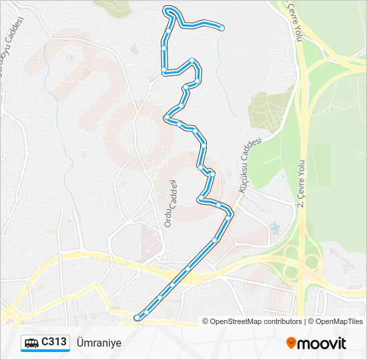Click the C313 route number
[54, 342]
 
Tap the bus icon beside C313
[31, 343]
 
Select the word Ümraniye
[99, 343]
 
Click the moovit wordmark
[322, 343]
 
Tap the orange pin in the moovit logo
[291, 343]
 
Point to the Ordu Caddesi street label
[169, 204]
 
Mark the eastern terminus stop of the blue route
[222, 28]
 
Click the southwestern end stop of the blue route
[137, 317]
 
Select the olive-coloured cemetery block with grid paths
[268, 109]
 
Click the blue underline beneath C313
[45, 351]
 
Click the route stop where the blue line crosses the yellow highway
[188, 269]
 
